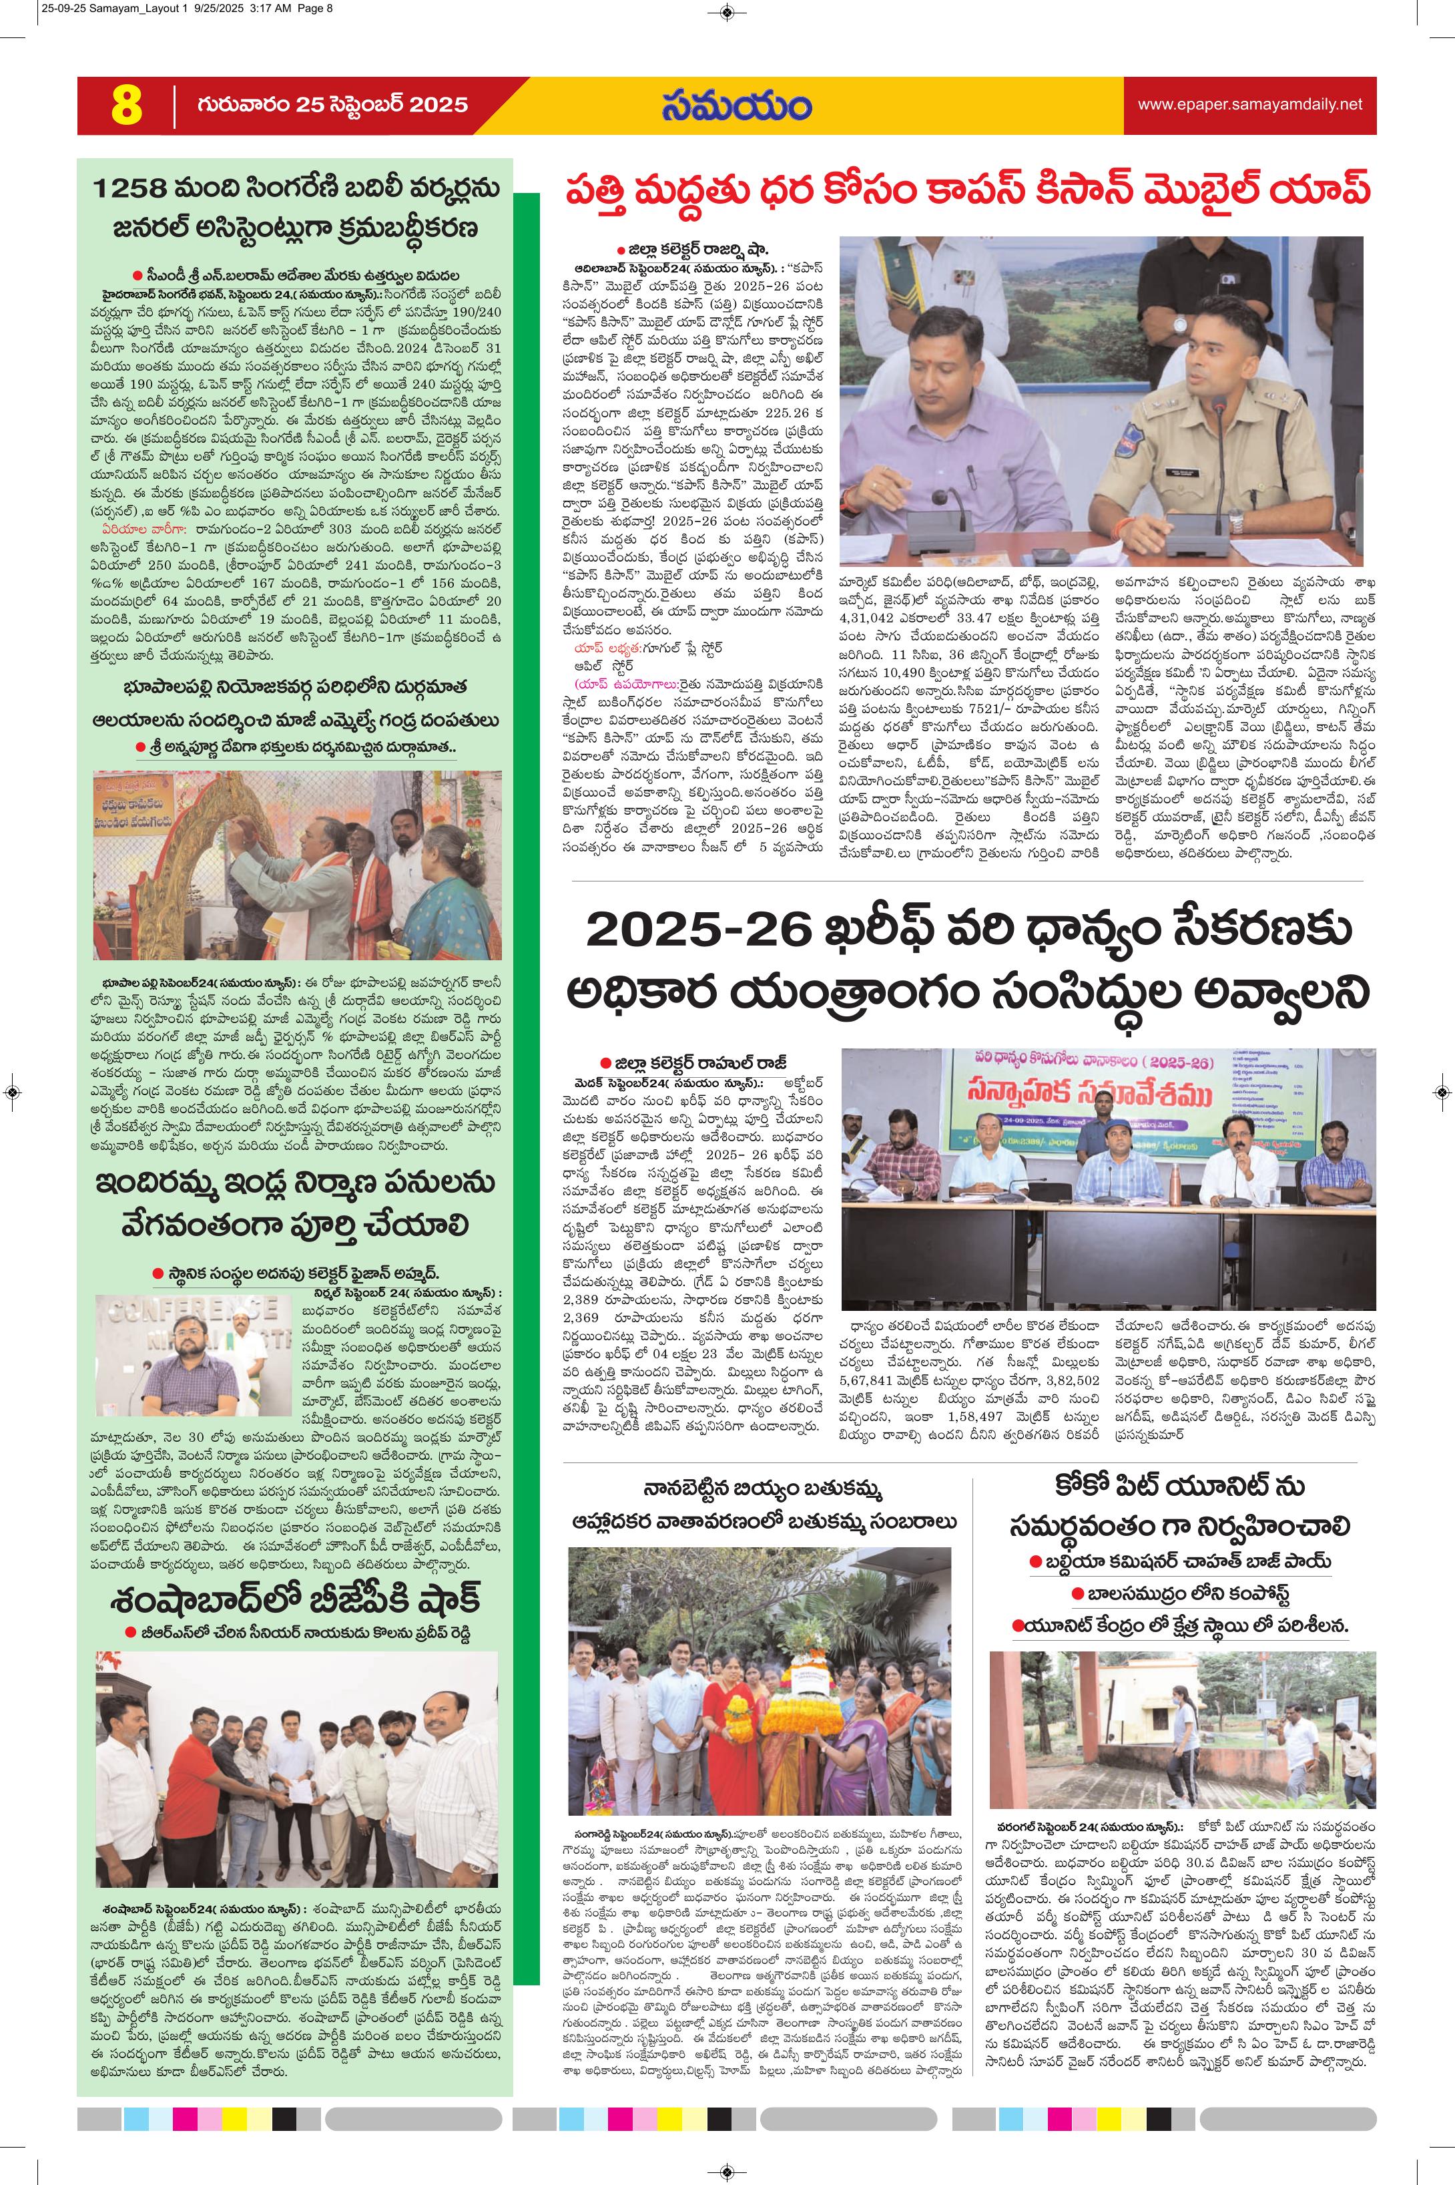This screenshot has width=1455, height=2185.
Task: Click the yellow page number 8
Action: tap(126, 106)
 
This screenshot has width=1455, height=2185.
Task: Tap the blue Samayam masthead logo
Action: tap(736, 105)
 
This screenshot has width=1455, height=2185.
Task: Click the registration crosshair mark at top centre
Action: tap(727, 12)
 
